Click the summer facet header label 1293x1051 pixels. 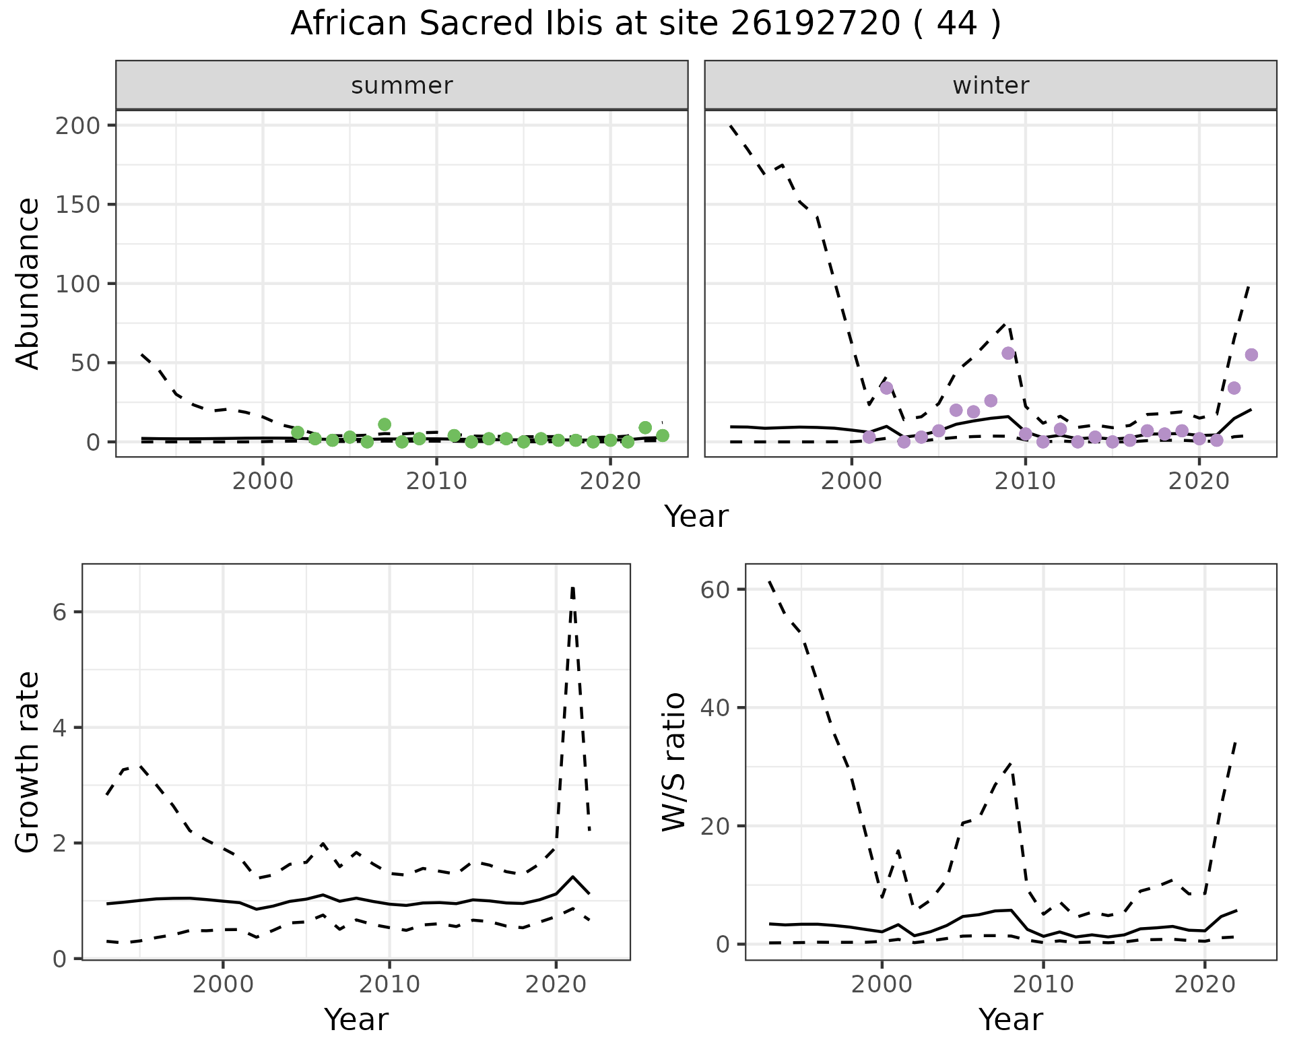[402, 86]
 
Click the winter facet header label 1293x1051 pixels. [991, 86]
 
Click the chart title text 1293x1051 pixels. [646, 24]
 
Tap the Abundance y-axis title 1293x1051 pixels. [28, 283]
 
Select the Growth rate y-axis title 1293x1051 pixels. [28, 762]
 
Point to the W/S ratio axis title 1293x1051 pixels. [673, 762]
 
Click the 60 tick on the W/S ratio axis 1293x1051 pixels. [715, 590]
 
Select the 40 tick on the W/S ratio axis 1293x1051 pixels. [715, 707]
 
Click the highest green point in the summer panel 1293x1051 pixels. [385, 424]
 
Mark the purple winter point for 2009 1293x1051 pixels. [1008, 353]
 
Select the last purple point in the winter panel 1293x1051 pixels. [1251, 355]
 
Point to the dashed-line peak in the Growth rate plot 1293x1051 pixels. [572, 588]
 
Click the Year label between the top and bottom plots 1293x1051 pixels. [696, 517]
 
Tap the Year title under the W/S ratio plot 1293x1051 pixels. [1010, 1020]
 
